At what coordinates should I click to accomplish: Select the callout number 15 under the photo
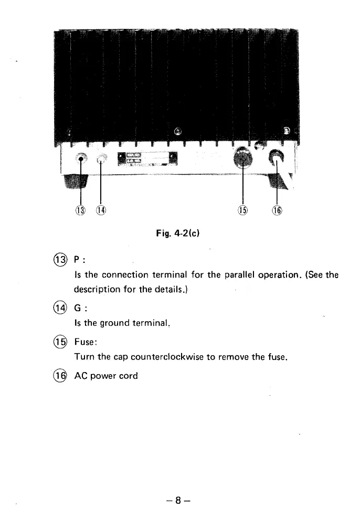point(243,210)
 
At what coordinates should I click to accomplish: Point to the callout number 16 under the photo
point(276,210)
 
